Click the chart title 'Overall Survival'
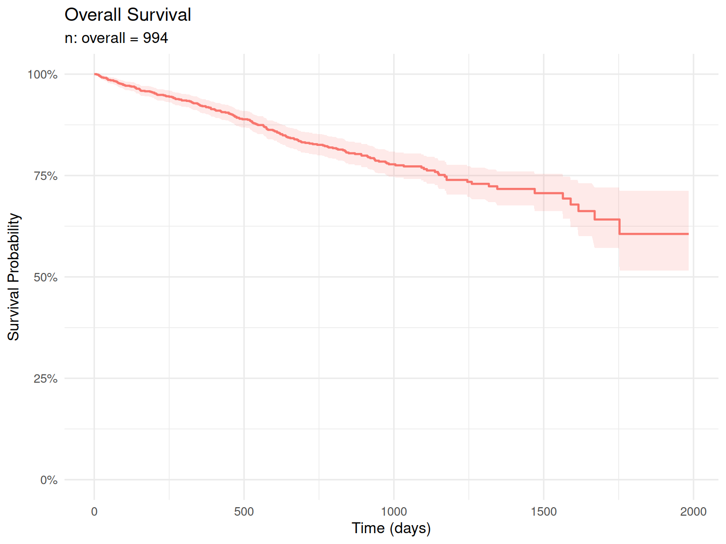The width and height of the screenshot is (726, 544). [128, 15]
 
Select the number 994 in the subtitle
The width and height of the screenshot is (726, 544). [156, 38]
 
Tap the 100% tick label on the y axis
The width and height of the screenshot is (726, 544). [42, 75]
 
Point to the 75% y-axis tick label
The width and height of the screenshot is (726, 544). [45, 176]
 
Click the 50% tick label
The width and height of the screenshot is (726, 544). [45, 277]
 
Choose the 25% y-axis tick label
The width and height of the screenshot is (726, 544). [45, 379]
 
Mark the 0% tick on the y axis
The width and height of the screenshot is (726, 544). [49, 480]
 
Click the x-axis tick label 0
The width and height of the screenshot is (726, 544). [94, 511]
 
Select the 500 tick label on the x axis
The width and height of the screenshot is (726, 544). [244, 511]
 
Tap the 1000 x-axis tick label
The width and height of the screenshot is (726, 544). [394, 511]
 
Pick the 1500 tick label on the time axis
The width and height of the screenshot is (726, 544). [544, 511]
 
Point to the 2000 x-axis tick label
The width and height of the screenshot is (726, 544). [693, 511]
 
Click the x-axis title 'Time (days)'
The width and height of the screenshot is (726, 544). [391, 528]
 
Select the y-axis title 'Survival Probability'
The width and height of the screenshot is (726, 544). [14, 277]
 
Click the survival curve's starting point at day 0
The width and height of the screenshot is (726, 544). [95, 74]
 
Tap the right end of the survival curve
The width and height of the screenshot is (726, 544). [688, 234]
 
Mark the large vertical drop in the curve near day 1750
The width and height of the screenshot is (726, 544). [619, 227]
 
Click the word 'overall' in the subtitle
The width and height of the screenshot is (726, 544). [104, 38]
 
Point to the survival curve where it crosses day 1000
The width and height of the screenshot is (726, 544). [394, 165]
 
